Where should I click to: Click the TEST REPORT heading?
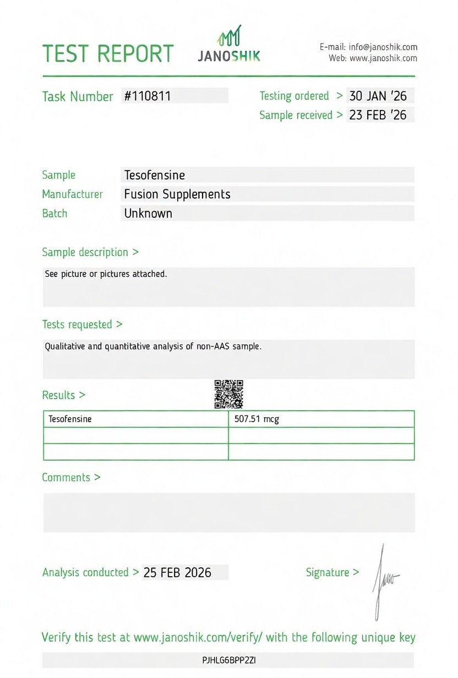click(x=108, y=53)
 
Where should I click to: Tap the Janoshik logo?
click(x=229, y=44)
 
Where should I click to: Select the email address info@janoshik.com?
click(x=383, y=47)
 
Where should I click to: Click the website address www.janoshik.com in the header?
click(x=383, y=58)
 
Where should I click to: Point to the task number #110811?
click(x=148, y=96)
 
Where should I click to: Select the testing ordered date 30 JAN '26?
click(x=378, y=96)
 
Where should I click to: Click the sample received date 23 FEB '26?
click(x=378, y=115)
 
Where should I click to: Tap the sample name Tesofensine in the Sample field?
click(x=155, y=175)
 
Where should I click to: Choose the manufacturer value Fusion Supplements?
click(x=177, y=194)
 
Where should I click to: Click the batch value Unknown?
click(x=148, y=214)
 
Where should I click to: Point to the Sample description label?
click(x=90, y=252)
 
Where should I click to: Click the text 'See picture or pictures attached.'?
click(x=106, y=274)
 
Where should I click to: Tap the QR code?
click(x=228, y=394)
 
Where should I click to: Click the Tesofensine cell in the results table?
click(x=70, y=419)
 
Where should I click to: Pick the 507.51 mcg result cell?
click(x=257, y=419)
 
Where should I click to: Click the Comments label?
click(x=71, y=477)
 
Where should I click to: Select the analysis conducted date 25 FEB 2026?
click(x=177, y=572)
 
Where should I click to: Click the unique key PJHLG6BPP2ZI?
click(x=229, y=660)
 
